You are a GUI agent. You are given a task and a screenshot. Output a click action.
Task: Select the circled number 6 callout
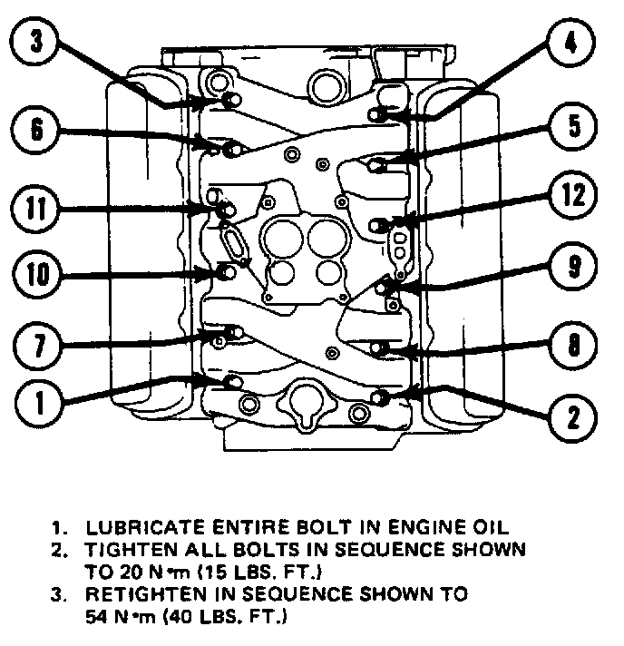(36, 129)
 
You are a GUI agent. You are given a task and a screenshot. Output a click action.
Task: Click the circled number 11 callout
(35, 210)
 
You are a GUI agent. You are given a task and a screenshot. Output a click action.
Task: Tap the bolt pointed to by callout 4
(379, 113)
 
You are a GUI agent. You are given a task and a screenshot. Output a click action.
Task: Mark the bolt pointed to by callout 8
(381, 347)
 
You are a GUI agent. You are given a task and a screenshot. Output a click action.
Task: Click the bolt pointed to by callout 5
(379, 163)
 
